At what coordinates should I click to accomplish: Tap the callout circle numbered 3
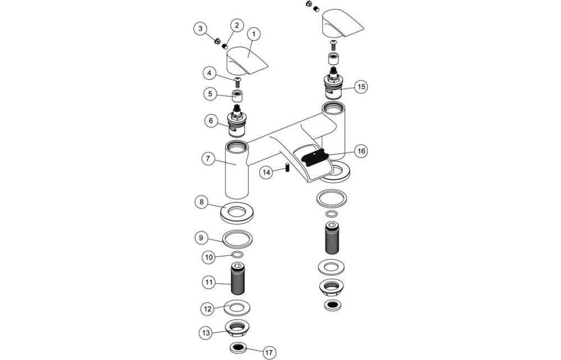tap(199, 29)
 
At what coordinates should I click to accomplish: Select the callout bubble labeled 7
tap(207, 159)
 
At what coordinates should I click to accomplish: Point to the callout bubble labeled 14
tap(267, 173)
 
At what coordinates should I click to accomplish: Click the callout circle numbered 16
tap(361, 151)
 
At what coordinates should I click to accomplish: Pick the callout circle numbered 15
tap(361, 87)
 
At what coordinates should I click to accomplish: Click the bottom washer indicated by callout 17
tap(238, 348)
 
